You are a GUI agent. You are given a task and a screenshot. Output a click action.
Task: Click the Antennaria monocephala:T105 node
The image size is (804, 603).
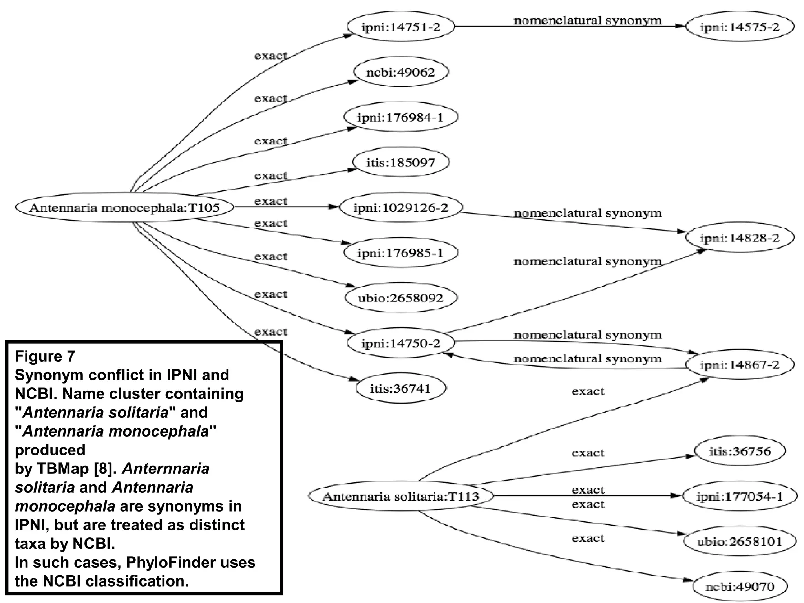[x=124, y=207]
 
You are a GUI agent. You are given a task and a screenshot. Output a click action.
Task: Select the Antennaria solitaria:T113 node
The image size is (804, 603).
[x=401, y=496]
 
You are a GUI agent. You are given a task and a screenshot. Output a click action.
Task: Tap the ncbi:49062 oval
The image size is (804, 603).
[x=401, y=72]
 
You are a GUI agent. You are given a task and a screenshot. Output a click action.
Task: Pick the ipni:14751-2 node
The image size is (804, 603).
[x=401, y=27]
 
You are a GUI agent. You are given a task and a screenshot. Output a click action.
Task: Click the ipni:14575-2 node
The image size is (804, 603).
[x=740, y=27]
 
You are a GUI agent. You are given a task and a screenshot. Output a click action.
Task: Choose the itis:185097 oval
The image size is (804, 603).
[x=401, y=163]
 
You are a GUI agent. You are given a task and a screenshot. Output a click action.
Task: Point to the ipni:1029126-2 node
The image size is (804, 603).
[x=401, y=207]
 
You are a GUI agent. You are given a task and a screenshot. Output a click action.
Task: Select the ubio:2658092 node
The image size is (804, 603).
[x=401, y=298]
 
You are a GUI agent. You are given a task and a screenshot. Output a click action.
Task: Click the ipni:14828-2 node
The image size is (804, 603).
[x=740, y=238]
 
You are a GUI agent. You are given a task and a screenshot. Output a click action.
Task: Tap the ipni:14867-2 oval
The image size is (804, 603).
[x=740, y=365]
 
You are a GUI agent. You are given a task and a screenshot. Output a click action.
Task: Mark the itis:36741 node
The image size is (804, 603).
[x=401, y=388]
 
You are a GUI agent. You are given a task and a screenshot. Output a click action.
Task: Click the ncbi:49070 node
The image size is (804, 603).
[x=740, y=587]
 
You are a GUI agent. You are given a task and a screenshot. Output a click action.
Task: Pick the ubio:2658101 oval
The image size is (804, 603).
[x=740, y=542]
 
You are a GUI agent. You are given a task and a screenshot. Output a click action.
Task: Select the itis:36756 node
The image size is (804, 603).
[x=740, y=451]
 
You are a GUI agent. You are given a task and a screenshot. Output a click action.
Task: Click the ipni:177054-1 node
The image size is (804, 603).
[x=740, y=496]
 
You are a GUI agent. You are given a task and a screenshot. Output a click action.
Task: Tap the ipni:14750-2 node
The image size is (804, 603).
[x=401, y=343]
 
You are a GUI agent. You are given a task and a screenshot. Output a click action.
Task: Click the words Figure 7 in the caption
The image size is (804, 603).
[x=45, y=356]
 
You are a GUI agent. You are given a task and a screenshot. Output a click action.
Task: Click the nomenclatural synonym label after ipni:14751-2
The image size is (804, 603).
[x=587, y=20]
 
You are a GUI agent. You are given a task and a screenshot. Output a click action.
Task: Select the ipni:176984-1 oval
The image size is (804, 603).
[x=401, y=117]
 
